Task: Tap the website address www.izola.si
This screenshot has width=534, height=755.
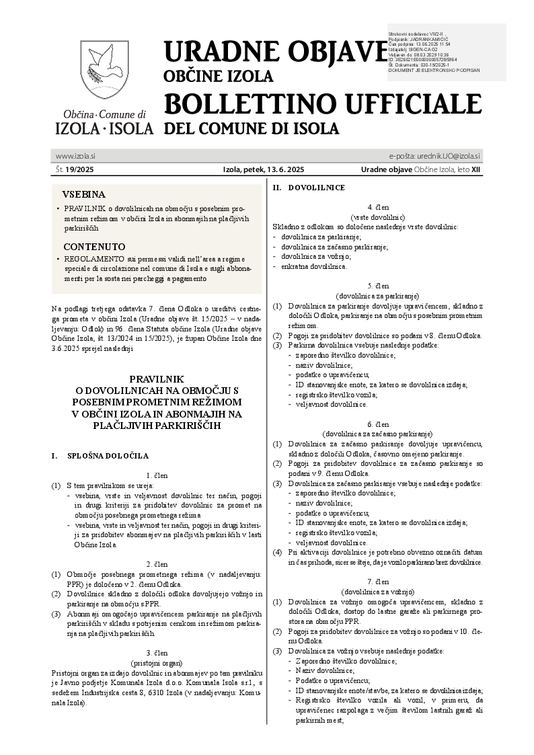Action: pos(75,156)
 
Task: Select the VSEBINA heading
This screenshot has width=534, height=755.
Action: pos(84,193)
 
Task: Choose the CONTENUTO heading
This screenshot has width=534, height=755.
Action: pos(94,247)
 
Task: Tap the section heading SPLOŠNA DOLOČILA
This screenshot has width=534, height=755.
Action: pos(108,455)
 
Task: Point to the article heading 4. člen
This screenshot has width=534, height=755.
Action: pos(377,208)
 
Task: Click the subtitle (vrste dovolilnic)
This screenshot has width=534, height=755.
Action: pos(377,217)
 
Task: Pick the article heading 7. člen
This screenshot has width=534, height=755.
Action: pos(377,580)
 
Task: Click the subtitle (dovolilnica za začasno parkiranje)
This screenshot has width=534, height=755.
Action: pos(377,434)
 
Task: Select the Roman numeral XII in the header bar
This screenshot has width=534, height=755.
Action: pos(476,170)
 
